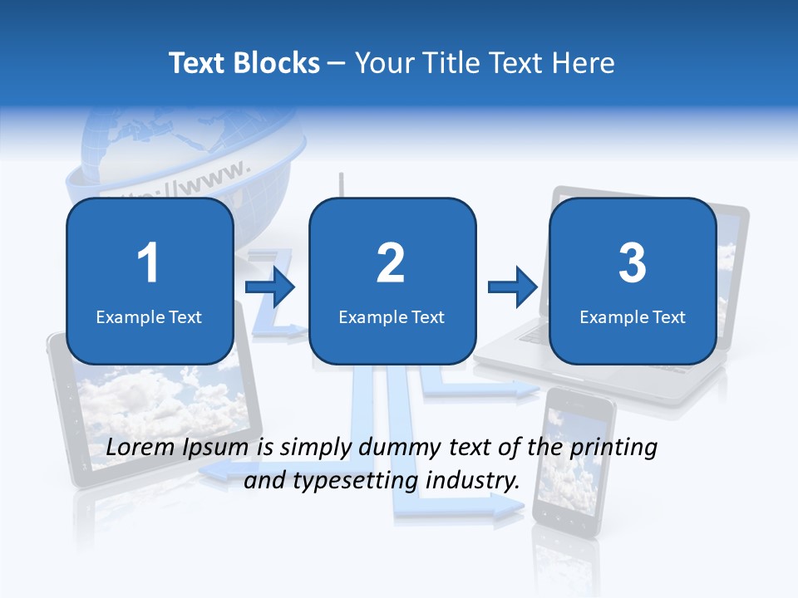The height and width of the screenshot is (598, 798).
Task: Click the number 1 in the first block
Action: [148, 263]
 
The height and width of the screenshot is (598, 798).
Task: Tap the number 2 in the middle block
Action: [391, 263]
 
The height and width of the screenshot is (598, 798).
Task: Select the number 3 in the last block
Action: [633, 263]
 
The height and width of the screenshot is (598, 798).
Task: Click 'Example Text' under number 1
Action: [149, 316]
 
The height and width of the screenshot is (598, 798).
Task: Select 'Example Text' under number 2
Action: [392, 316]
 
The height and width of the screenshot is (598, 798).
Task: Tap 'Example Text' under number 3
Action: [633, 316]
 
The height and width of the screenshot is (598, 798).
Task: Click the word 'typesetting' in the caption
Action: [348, 480]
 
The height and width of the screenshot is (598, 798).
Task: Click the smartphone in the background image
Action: [574, 465]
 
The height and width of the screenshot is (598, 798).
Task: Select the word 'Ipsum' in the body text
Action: [219, 448]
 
